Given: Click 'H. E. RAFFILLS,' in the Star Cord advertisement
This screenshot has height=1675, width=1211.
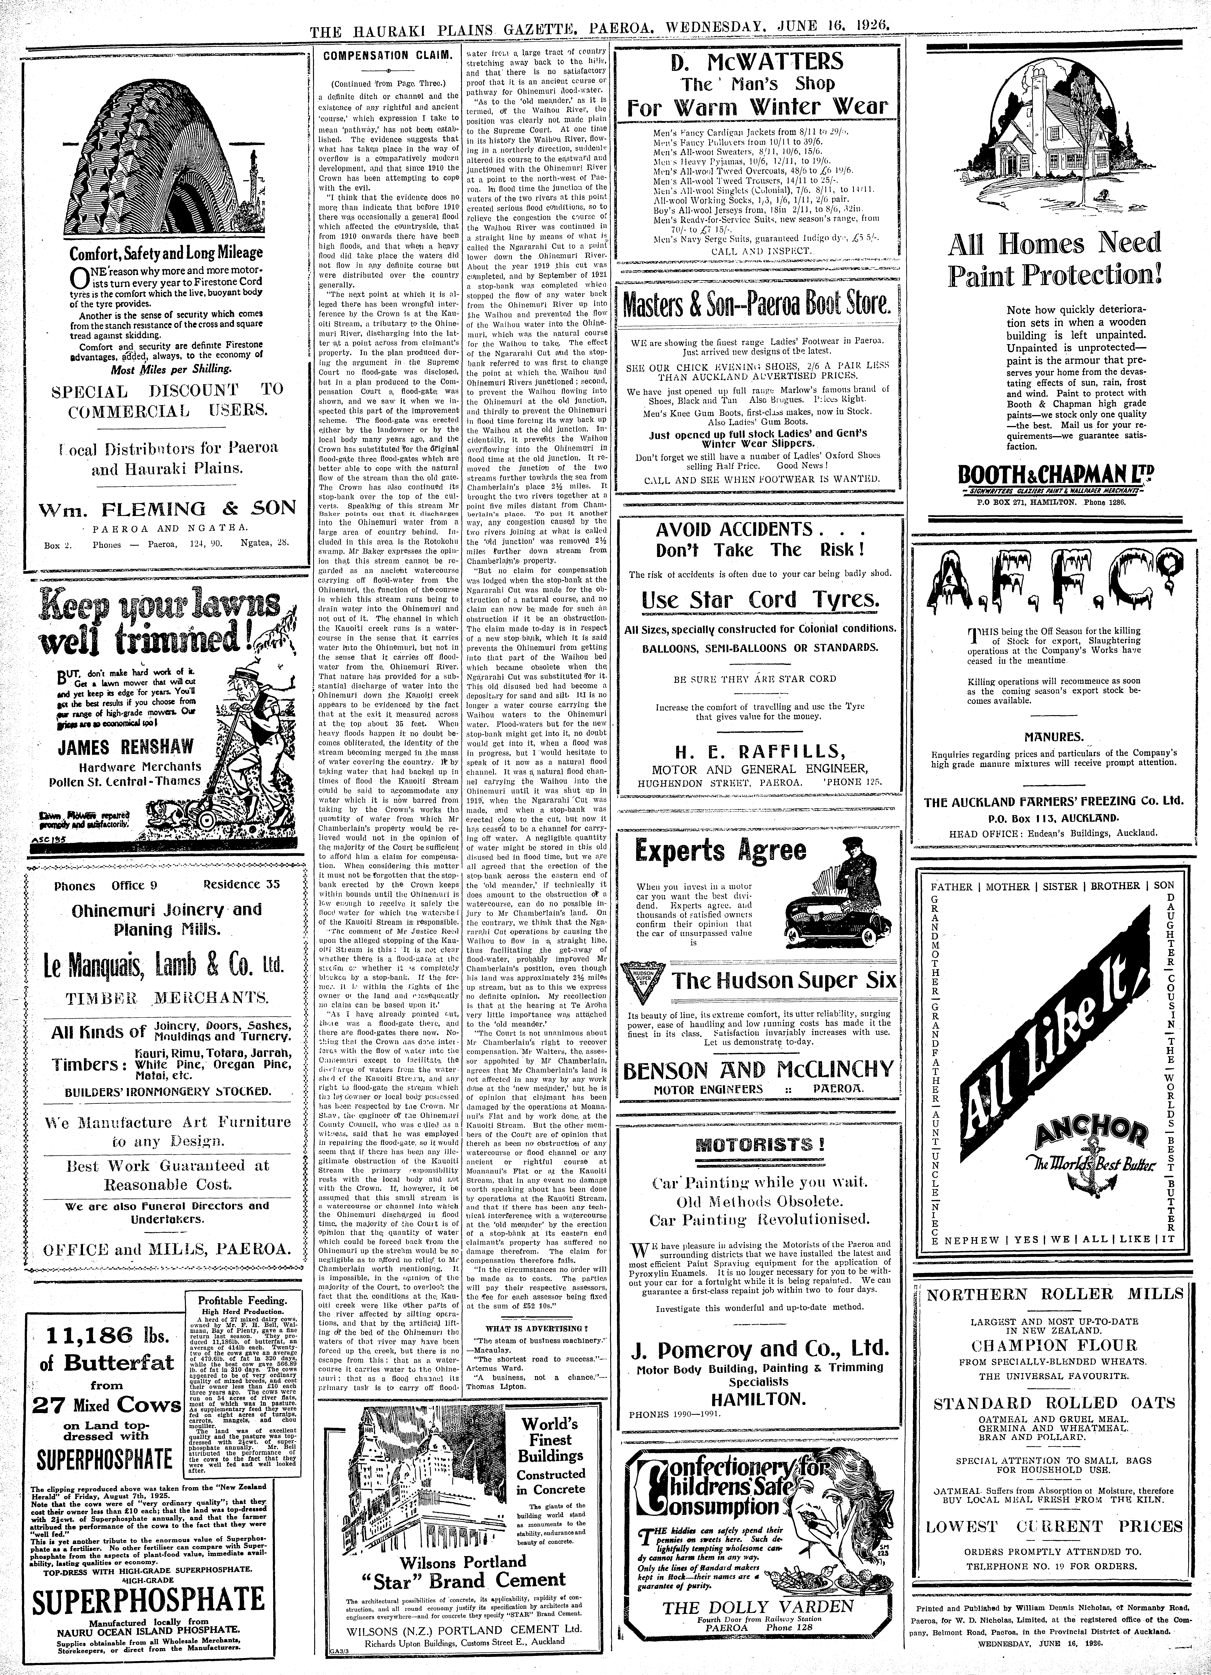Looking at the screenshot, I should pos(759,752).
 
